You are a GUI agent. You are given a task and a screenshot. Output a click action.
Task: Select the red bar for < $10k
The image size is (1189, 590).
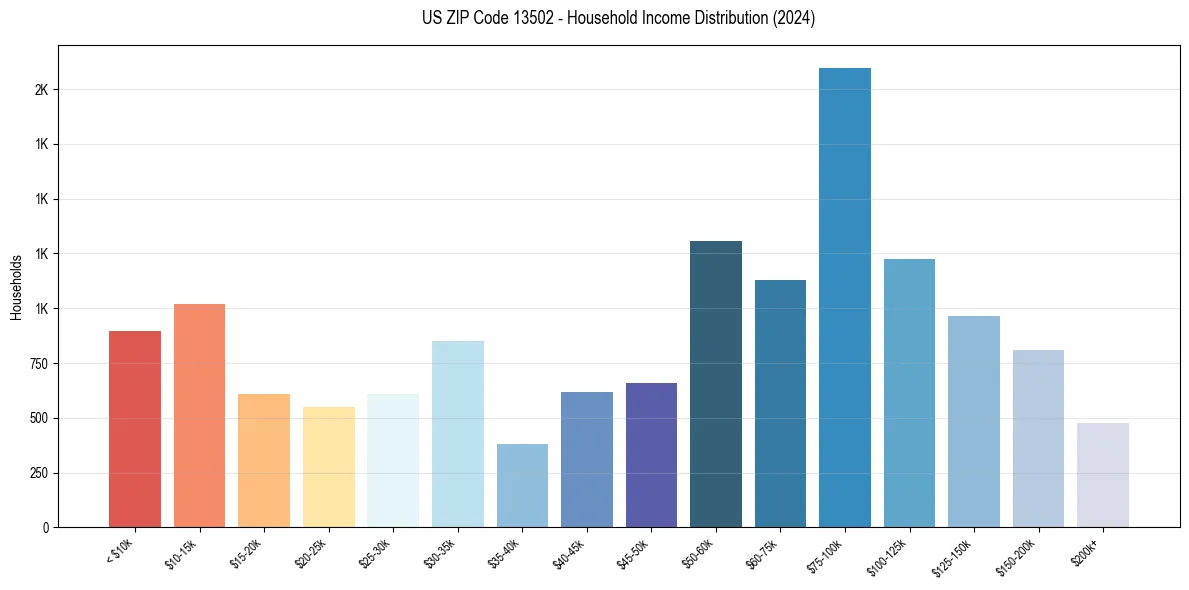coord(135,429)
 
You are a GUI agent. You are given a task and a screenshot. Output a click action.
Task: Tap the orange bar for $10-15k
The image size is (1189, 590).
coord(199,415)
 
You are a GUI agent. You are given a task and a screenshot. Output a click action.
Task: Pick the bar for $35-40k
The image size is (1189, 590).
coord(522,485)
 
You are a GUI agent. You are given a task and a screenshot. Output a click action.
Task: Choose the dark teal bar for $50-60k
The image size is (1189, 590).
coord(716,384)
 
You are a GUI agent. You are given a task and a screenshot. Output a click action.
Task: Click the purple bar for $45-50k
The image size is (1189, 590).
coord(651,455)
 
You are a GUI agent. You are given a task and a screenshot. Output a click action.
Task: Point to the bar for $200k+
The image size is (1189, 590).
coord(1103,475)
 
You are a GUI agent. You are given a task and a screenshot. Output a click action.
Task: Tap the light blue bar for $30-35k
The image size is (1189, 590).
coord(458,434)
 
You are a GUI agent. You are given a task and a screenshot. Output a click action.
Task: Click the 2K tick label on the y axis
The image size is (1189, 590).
coord(41,90)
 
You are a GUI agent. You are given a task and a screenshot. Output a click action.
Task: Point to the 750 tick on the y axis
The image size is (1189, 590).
coord(38,364)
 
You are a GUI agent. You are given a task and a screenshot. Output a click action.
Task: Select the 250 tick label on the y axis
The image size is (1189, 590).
coord(38,473)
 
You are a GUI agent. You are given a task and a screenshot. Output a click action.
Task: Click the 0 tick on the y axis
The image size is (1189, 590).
coord(46,528)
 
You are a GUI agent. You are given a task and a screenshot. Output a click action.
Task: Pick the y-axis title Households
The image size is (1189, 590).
coord(17,287)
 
